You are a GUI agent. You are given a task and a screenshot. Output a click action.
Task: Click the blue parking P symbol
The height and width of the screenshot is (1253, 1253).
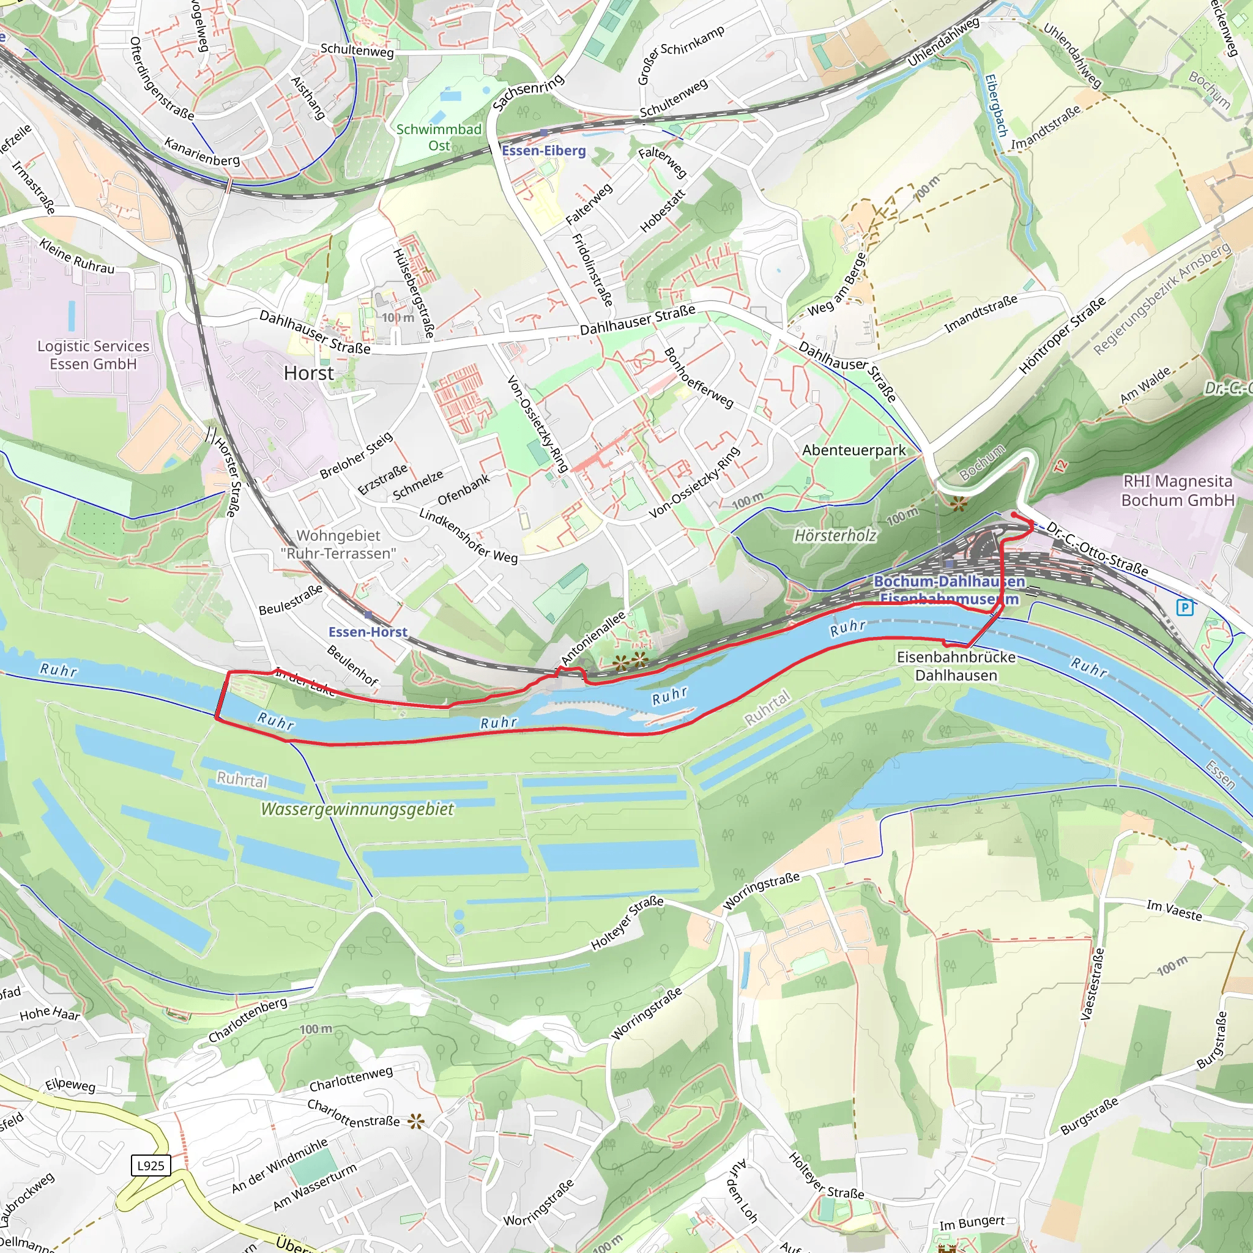pos(1185,608)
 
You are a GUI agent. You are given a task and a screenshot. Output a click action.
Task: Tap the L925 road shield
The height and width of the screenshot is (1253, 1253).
pos(151,1166)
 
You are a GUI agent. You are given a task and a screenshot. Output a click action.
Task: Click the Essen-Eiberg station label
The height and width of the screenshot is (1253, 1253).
pos(543,151)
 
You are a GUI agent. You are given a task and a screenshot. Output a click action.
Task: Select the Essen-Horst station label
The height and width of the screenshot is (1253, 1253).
pos(368,631)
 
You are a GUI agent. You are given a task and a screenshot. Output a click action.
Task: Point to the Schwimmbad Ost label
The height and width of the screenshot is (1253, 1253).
pos(439,137)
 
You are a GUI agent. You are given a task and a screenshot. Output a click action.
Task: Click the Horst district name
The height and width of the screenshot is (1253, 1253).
pos(309,373)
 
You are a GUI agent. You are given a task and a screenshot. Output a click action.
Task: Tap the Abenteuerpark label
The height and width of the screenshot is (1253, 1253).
pos(853,450)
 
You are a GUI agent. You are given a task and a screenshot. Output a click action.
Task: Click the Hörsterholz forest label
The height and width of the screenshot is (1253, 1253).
pos(835,535)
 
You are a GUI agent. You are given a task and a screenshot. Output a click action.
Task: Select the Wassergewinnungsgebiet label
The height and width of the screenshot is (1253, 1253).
pos(357,809)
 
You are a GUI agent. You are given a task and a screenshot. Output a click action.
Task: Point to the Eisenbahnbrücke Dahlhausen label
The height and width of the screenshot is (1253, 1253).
pos(956,666)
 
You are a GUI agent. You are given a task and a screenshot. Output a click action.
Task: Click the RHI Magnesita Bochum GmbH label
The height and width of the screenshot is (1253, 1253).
pos(1177,490)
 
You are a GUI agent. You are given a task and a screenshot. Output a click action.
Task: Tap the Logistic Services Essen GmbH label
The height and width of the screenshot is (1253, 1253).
pos(94,355)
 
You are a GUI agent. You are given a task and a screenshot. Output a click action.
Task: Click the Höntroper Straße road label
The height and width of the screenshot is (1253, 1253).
pos(1062,336)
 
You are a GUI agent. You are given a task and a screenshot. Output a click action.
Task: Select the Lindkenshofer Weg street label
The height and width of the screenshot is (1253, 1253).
pos(468,536)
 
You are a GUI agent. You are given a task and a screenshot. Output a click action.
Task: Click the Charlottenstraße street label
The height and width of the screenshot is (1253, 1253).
pos(354,1113)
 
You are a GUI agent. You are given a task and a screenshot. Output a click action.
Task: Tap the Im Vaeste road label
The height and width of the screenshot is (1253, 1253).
pos(1174,910)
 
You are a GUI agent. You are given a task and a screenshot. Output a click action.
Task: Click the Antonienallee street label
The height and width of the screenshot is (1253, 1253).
pos(593,638)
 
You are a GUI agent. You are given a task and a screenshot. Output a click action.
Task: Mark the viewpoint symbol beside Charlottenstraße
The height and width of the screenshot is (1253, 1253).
pos(415,1121)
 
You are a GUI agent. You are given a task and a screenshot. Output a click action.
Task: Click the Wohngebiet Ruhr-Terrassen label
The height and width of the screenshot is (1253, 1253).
pos(338,544)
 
